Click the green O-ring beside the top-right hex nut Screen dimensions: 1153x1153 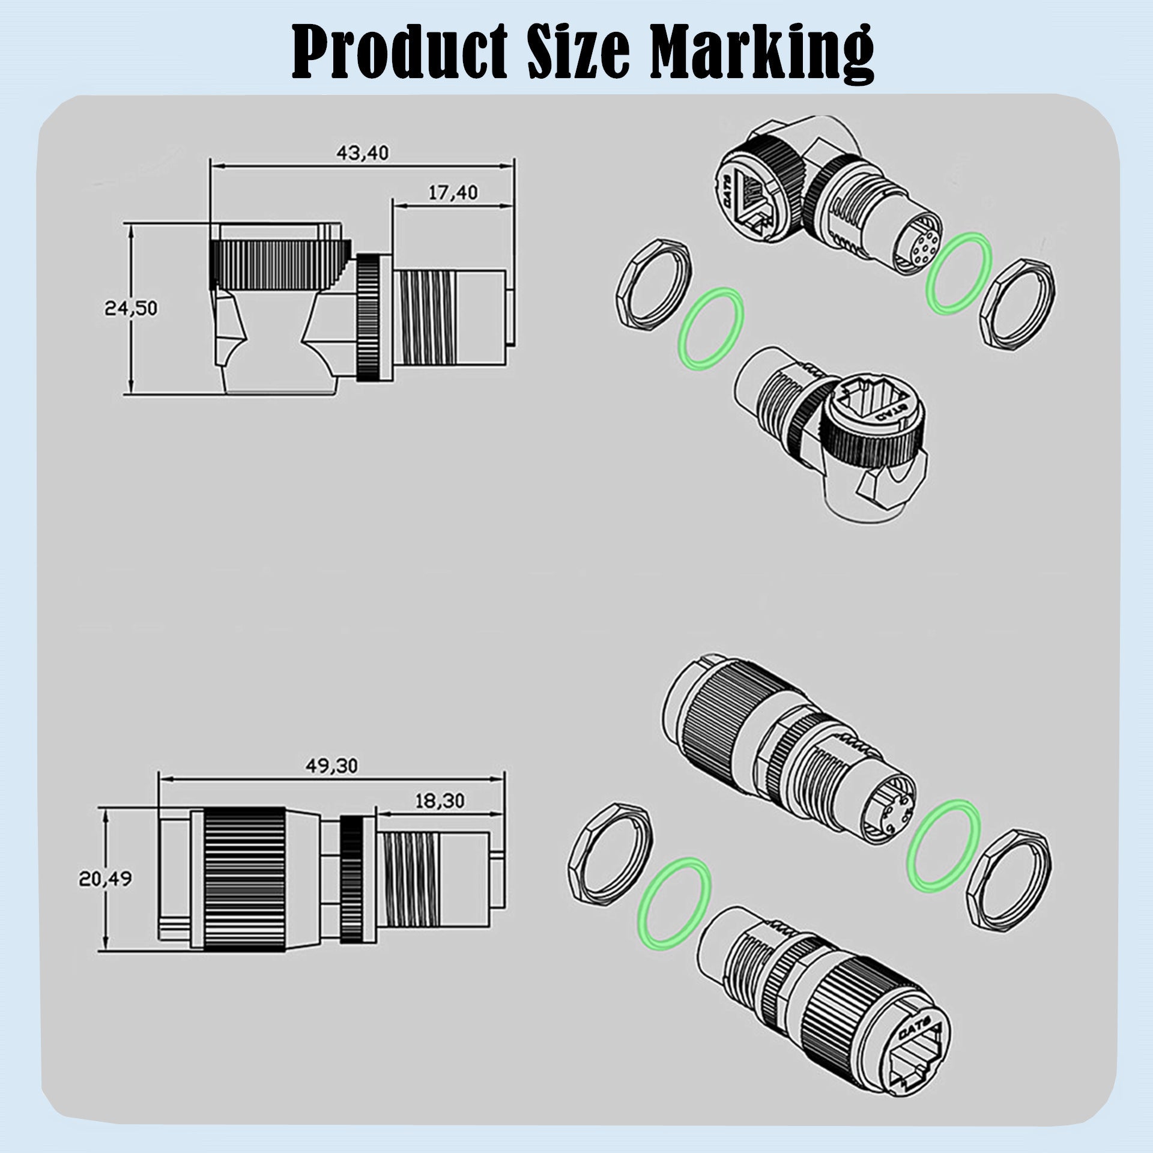[x=959, y=271]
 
